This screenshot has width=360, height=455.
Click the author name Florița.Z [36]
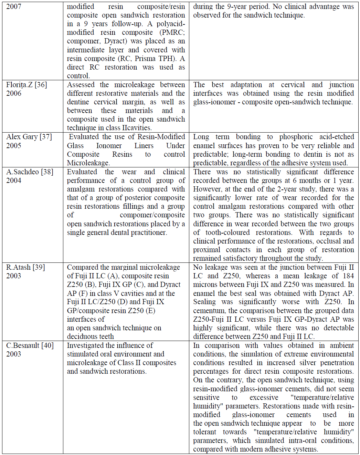coord(27,85)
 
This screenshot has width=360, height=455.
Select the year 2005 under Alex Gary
coord(14,145)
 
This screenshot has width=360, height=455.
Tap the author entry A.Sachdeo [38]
coord(30,172)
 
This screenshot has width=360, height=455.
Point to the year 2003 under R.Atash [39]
coord(14,276)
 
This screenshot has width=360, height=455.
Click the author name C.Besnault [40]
coord(30,345)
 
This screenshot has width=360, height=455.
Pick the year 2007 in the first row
coord(14,7)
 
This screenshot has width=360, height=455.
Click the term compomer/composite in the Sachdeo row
coord(152,215)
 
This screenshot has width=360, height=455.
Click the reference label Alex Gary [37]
coord(29,137)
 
